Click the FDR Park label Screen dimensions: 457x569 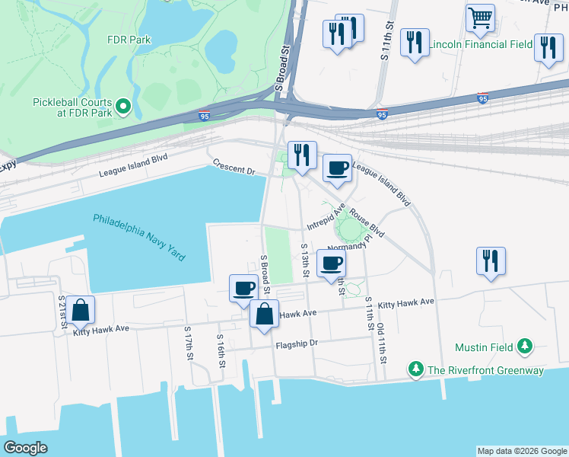129,40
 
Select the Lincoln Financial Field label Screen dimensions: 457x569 480,44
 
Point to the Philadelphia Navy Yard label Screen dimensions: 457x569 139,238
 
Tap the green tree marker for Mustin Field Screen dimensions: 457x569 524,347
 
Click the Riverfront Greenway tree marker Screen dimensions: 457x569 415,370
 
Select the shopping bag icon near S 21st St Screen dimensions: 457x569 80,311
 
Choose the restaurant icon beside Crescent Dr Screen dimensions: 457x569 301,155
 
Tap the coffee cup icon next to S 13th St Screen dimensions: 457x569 330,263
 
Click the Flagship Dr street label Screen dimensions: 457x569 297,344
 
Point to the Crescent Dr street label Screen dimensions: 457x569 234,167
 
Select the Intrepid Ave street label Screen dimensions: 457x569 326,216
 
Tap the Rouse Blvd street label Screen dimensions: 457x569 367,222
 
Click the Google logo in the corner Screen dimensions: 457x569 26,448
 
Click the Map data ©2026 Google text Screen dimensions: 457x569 522,451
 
